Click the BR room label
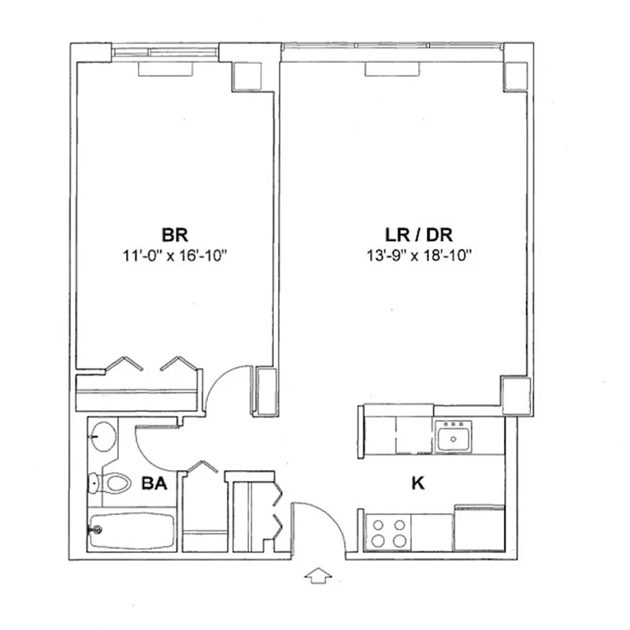tap(174, 235)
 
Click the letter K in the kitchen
tap(417, 483)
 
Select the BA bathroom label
tap(154, 484)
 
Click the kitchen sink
tap(454, 435)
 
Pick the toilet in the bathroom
tap(109, 482)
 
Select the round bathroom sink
tap(102, 435)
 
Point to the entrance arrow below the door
tap(317, 577)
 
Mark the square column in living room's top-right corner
tap(515, 74)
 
